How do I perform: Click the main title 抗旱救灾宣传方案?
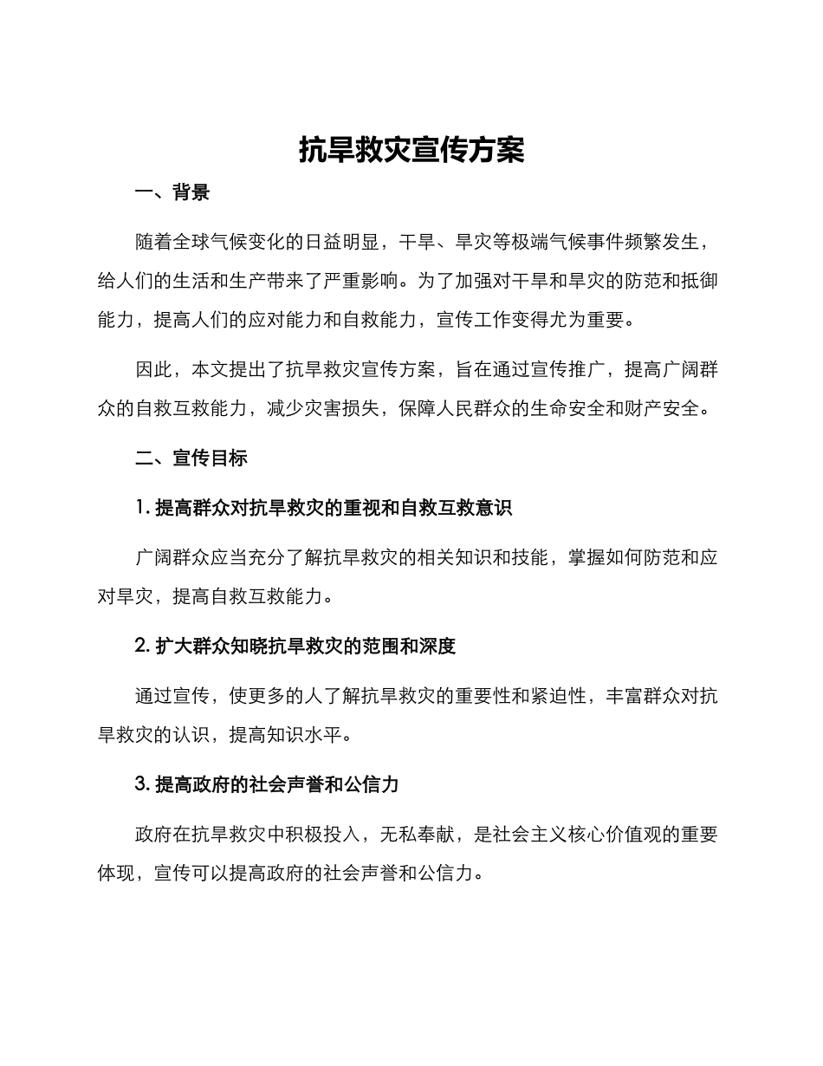pyautogui.click(x=411, y=150)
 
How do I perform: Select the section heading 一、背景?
pyautogui.click(x=172, y=192)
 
